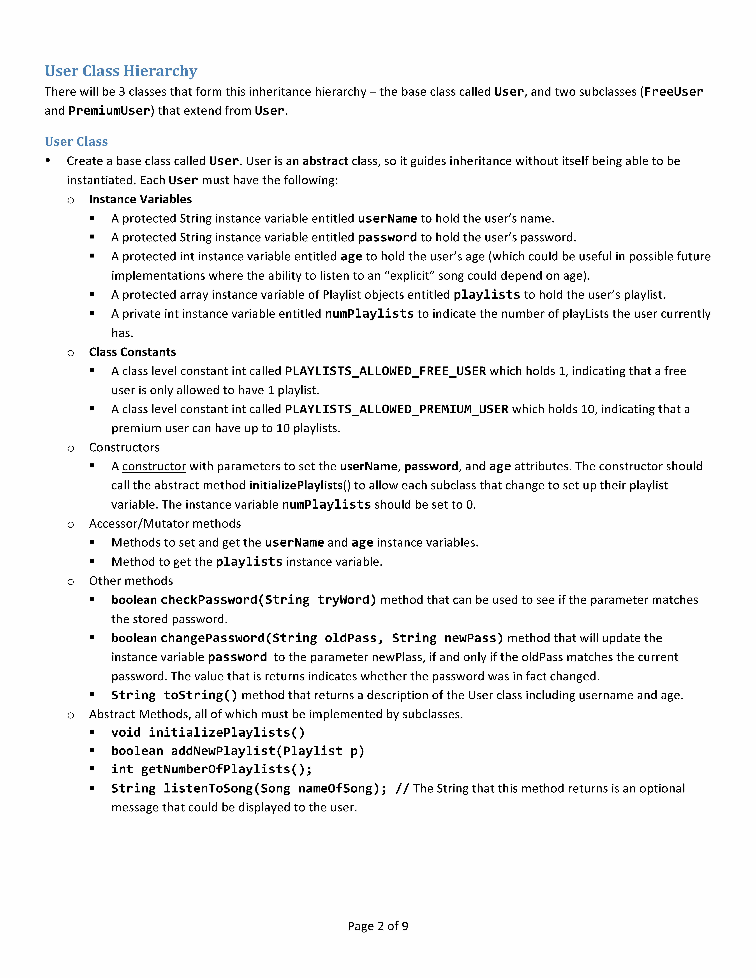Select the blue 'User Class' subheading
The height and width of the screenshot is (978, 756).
pos(76,142)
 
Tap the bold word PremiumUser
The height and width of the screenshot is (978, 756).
pos(109,111)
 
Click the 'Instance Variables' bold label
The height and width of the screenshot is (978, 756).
pos(140,199)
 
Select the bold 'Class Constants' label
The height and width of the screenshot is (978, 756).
pos(132,352)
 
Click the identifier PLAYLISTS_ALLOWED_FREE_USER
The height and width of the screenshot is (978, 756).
pos(385,371)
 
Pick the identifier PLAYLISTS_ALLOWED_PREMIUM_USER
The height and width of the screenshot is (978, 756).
pos(396,409)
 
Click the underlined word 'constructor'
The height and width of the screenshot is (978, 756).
pos(154,467)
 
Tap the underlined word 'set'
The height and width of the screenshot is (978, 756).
pos(187,543)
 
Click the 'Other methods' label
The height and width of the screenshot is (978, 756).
pos(131,581)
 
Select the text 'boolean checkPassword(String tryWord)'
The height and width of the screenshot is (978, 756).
pos(244,600)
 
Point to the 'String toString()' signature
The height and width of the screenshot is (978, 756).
pos(174,695)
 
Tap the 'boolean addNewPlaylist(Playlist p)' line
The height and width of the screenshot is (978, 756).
pos(238,751)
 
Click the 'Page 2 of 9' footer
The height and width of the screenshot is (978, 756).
pos(378,926)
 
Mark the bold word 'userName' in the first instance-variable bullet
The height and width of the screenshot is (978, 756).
pos(387,219)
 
